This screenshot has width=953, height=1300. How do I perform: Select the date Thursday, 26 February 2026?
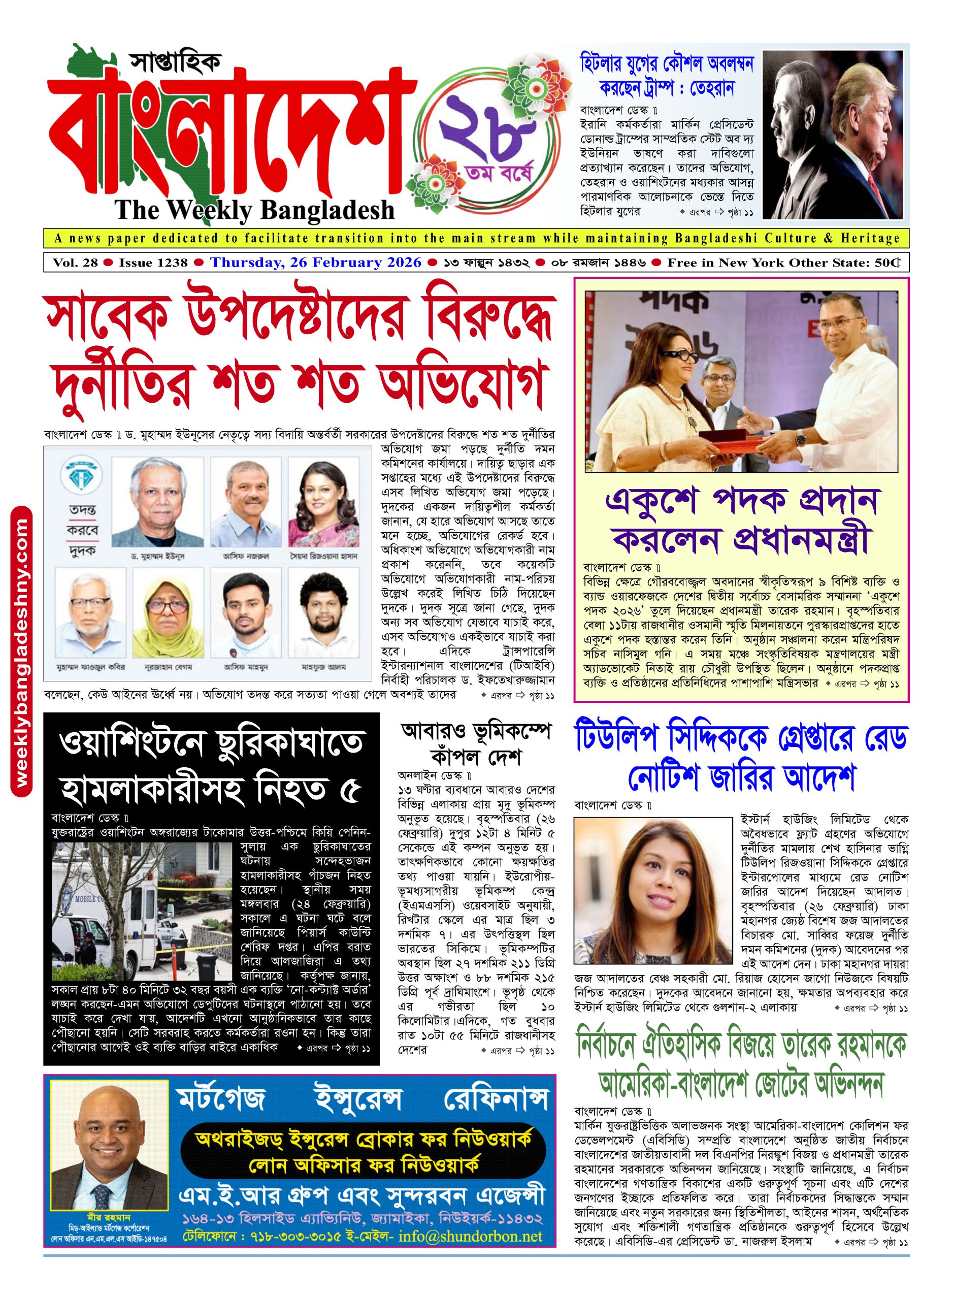[x=316, y=263]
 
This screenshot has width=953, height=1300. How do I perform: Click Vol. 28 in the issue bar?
[x=76, y=263]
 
